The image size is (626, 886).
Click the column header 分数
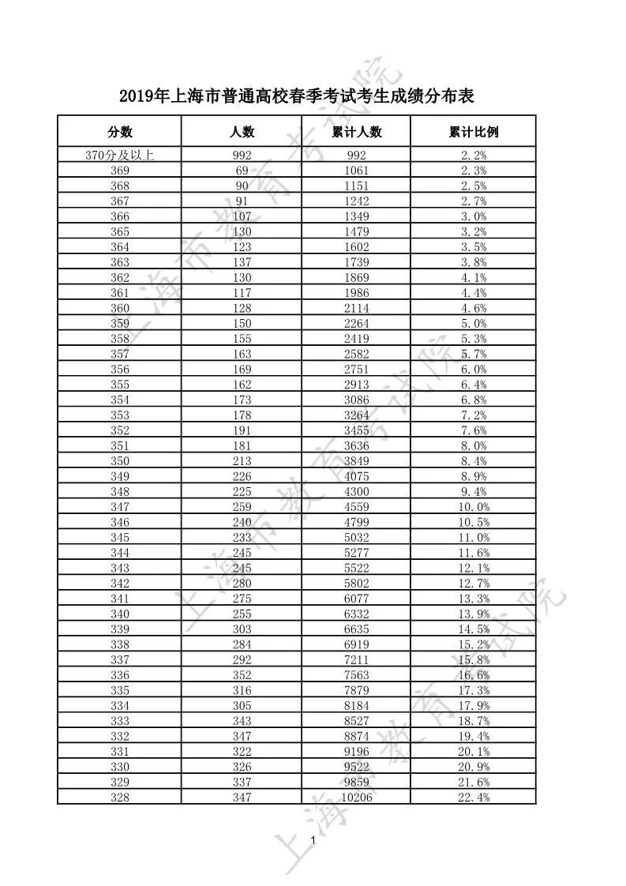(120, 132)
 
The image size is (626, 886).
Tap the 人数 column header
(242, 132)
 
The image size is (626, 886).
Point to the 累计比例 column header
(474, 132)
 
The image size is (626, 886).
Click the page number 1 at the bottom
(313, 839)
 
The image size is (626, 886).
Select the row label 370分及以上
(120, 156)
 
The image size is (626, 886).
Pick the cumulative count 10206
(357, 798)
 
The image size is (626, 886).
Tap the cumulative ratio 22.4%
(474, 798)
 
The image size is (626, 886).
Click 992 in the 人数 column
(242, 156)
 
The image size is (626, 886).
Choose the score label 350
(120, 461)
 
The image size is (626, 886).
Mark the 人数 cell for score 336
(242, 675)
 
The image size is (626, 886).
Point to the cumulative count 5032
(357, 538)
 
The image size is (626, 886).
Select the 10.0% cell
(474, 507)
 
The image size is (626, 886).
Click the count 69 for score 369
(242, 171)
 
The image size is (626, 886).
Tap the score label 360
(120, 308)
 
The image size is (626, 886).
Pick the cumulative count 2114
(357, 308)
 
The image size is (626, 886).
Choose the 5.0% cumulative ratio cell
(474, 324)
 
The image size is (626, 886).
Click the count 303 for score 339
(242, 629)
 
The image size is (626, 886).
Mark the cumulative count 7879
(357, 690)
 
